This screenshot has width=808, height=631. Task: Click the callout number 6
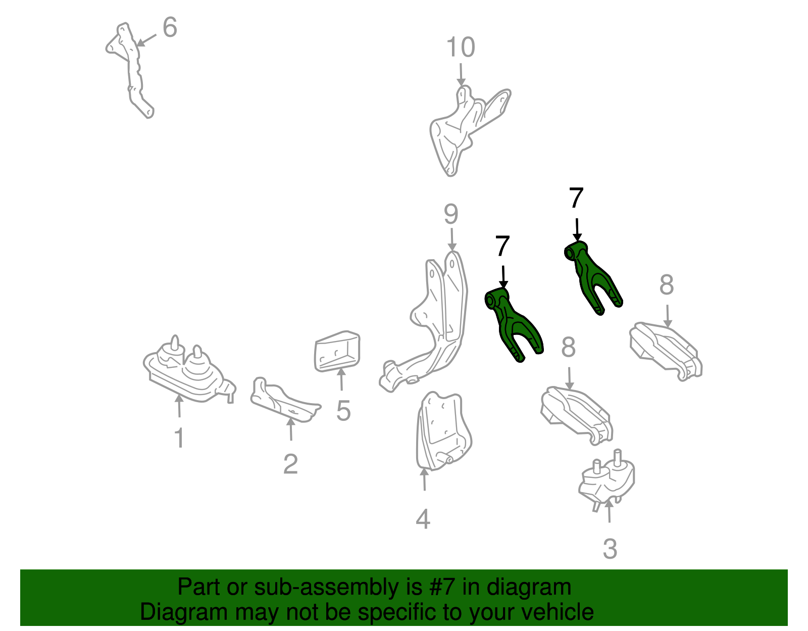170,27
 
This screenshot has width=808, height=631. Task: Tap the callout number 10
461,47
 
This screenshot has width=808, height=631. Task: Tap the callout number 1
180,438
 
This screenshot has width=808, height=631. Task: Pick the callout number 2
290,464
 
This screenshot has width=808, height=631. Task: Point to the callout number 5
343,411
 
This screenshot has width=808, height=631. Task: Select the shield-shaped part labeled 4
442,431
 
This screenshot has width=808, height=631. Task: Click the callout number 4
423,519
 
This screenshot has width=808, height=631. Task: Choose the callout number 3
610,549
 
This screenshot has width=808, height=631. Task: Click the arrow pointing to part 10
461,75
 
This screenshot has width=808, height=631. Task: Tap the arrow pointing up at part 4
424,479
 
